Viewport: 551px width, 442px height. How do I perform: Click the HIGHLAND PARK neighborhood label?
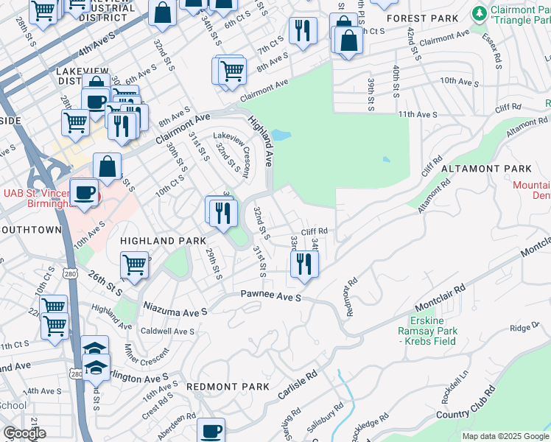point(163,241)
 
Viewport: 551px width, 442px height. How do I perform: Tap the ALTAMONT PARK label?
point(486,169)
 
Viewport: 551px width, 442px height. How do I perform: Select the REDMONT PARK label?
point(228,386)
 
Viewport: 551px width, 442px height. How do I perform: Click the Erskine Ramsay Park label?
point(428,330)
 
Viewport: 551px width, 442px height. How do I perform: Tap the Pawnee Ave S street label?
point(272,296)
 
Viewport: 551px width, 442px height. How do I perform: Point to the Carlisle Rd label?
point(298,385)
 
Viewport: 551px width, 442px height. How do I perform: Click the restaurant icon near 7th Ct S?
point(303,31)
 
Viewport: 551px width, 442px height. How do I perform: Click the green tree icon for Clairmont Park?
point(480,13)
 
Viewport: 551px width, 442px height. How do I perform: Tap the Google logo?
point(24,433)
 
